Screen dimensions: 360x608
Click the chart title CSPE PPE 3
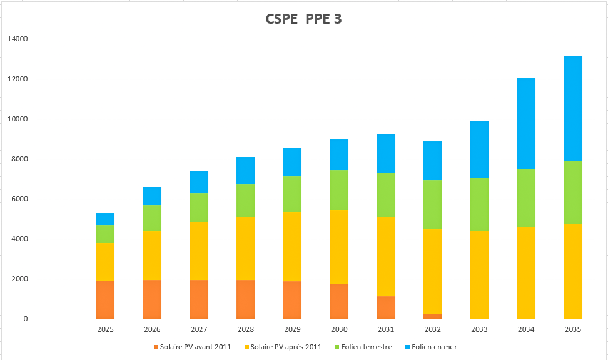click(304, 20)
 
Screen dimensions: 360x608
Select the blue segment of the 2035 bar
click(572, 108)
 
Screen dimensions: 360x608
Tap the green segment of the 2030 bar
click(339, 190)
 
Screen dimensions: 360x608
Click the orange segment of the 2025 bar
click(105, 299)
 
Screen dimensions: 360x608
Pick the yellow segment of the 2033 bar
click(479, 274)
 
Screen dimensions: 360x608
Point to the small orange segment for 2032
click(432, 316)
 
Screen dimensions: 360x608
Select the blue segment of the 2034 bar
click(525, 124)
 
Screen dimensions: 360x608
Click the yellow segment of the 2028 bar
click(246, 249)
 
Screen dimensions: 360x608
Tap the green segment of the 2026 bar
click(152, 218)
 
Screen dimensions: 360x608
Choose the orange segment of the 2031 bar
click(386, 307)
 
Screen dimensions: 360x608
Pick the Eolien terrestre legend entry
click(364, 347)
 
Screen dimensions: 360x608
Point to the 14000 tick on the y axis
click(18, 39)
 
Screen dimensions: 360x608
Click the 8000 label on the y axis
click(20, 159)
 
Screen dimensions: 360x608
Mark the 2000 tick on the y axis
click(20, 279)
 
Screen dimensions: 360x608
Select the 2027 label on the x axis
click(198, 329)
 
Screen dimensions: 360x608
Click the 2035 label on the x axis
click(572, 329)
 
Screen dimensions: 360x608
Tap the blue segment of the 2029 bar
click(292, 162)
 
